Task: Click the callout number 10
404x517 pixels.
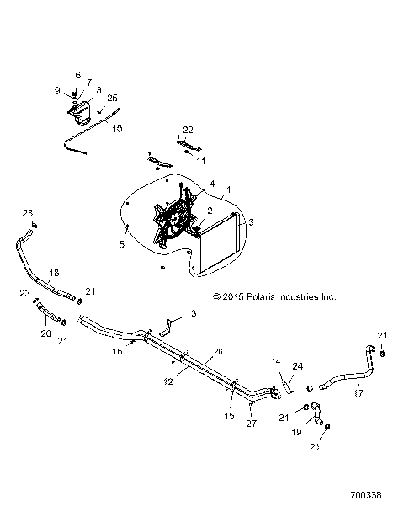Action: [116, 129]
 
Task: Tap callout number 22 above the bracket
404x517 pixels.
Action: [189, 129]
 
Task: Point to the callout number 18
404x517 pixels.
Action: [54, 274]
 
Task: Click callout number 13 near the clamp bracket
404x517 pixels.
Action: [190, 313]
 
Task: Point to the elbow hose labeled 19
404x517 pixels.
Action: [316, 413]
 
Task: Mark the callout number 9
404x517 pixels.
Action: [58, 90]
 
